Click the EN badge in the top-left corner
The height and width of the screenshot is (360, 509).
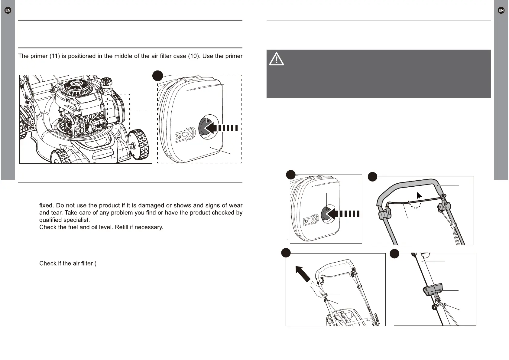tap(8, 10)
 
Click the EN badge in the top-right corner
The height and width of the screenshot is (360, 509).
tap(501, 10)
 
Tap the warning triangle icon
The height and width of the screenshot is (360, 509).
tap(276, 59)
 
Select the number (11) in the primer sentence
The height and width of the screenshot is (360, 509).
tap(55, 56)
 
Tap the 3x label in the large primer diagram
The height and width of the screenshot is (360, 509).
tap(179, 137)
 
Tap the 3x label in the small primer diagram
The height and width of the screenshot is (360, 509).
tap(306, 222)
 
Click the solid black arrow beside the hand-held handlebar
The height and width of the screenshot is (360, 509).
tap(303, 273)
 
